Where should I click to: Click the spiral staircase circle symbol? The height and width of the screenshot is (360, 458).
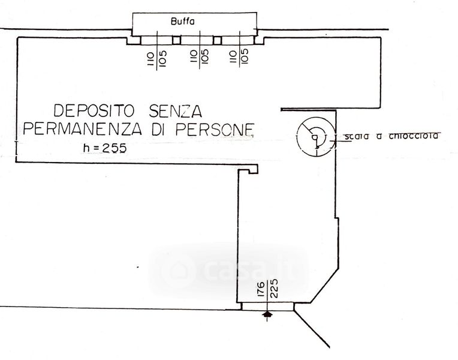pos(315,137)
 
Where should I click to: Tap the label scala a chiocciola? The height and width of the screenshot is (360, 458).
pos(392,136)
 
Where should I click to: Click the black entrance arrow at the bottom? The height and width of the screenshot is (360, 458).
pos(268,314)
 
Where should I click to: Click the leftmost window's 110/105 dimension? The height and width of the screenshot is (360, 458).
pos(156,58)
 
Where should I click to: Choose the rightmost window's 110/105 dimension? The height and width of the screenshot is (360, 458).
pos(238,58)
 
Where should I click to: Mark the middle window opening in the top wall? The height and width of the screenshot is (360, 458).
pos(197,40)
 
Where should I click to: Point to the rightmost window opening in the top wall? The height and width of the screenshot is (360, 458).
pos(237,40)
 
